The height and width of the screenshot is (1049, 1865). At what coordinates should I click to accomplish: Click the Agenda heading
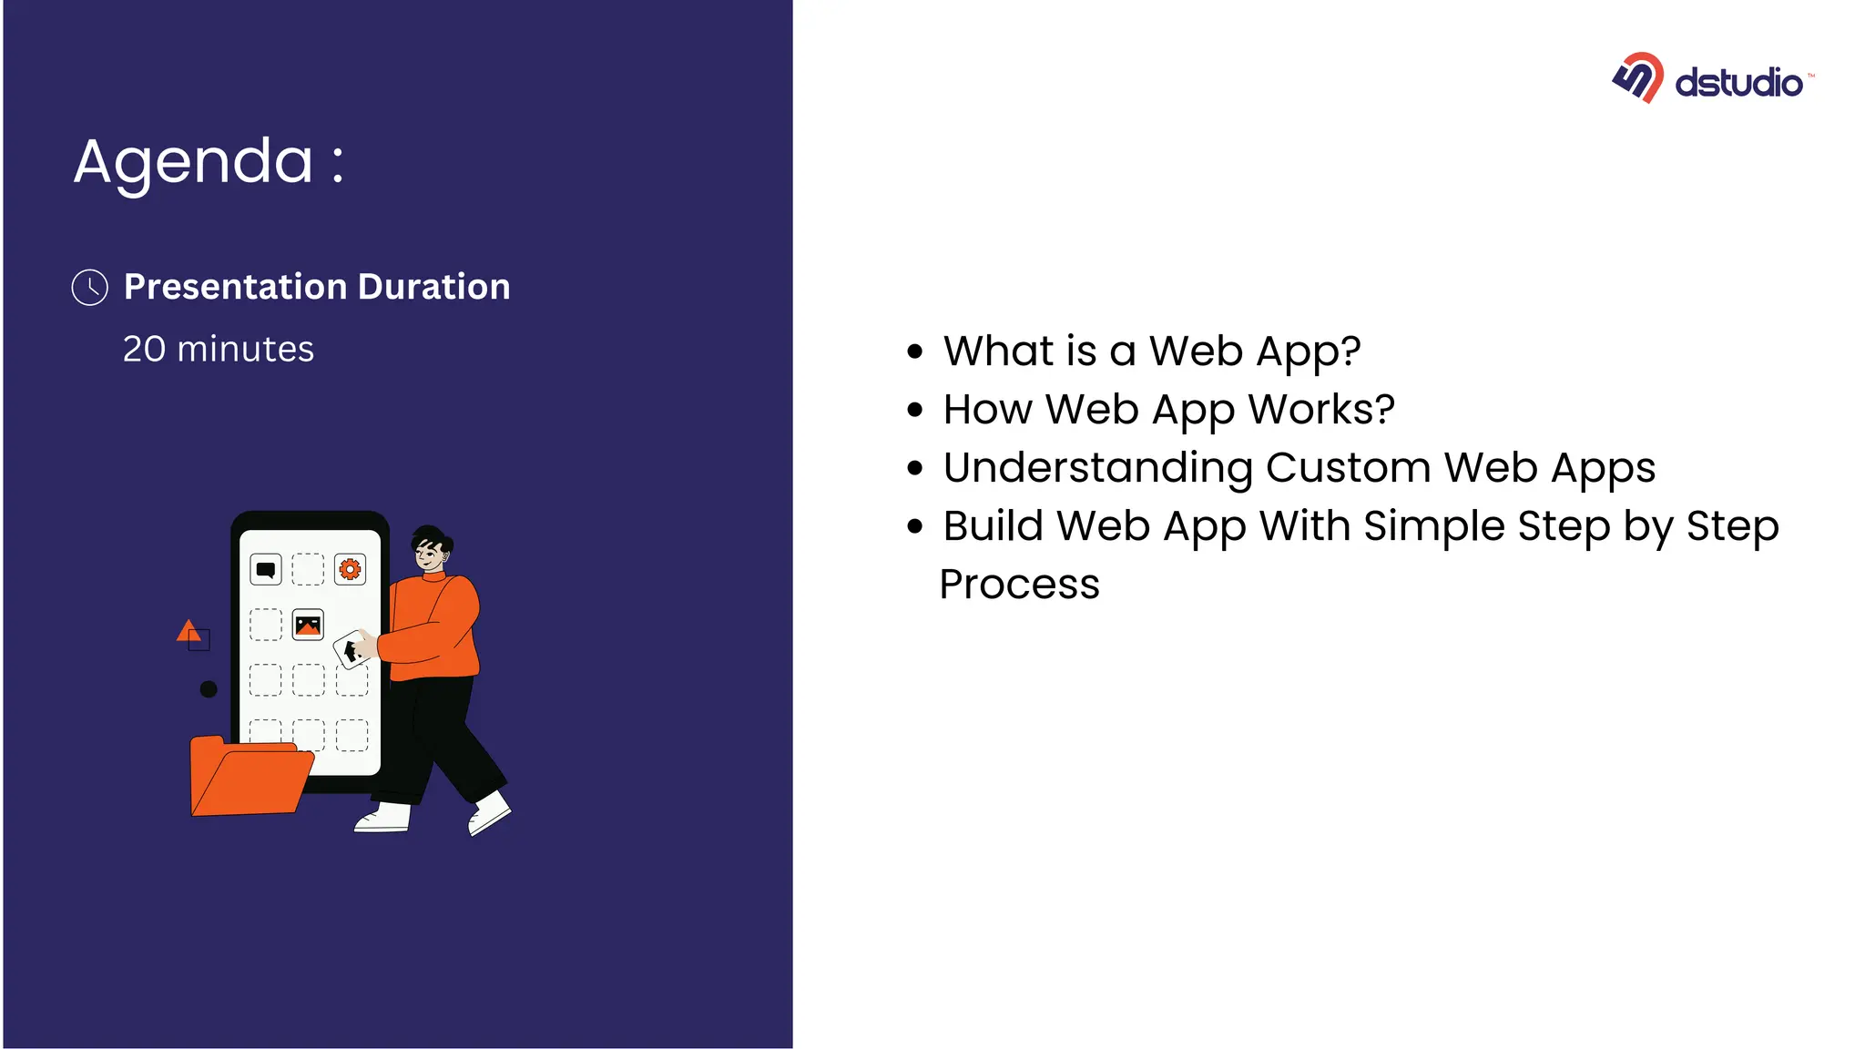pyautogui.click(x=209, y=162)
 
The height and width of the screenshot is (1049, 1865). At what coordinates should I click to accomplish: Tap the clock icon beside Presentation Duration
pyautogui.click(x=90, y=288)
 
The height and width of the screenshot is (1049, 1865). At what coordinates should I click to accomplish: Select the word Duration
pyautogui.click(x=433, y=287)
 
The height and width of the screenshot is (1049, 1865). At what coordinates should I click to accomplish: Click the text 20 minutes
pyautogui.click(x=219, y=350)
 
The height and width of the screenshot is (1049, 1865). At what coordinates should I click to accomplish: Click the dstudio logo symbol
pyautogui.click(x=1638, y=78)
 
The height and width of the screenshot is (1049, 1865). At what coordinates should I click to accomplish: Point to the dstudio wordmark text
pyautogui.click(x=1738, y=83)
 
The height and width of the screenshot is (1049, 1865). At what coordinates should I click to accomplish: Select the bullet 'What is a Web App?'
pyautogui.click(x=1151, y=351)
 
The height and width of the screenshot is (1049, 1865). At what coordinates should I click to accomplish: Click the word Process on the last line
pyautogui.click(x=1019, y=585)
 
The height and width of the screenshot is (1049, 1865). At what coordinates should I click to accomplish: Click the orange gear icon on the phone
pyautogui.click(x=350, y=570)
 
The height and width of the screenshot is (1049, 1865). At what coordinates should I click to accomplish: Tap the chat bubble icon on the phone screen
pyautogui.click(x=266, y=570)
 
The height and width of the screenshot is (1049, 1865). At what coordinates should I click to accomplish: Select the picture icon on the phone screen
pyautogui.click(x=308, y=626)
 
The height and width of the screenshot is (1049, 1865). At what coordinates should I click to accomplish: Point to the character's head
pyautogui.click(x=430, y=548)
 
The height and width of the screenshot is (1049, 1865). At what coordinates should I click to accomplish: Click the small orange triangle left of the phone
pyautogui.click(x=188, y=630)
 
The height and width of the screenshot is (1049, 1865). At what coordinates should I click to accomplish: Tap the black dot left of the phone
pyautogui.click(x=209, y=689)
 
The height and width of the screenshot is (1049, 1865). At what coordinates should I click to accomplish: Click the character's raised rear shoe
pyautogui.click(x=489, y=812)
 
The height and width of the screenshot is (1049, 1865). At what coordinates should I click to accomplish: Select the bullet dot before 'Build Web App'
pyautogui.click(x=915, y=526)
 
